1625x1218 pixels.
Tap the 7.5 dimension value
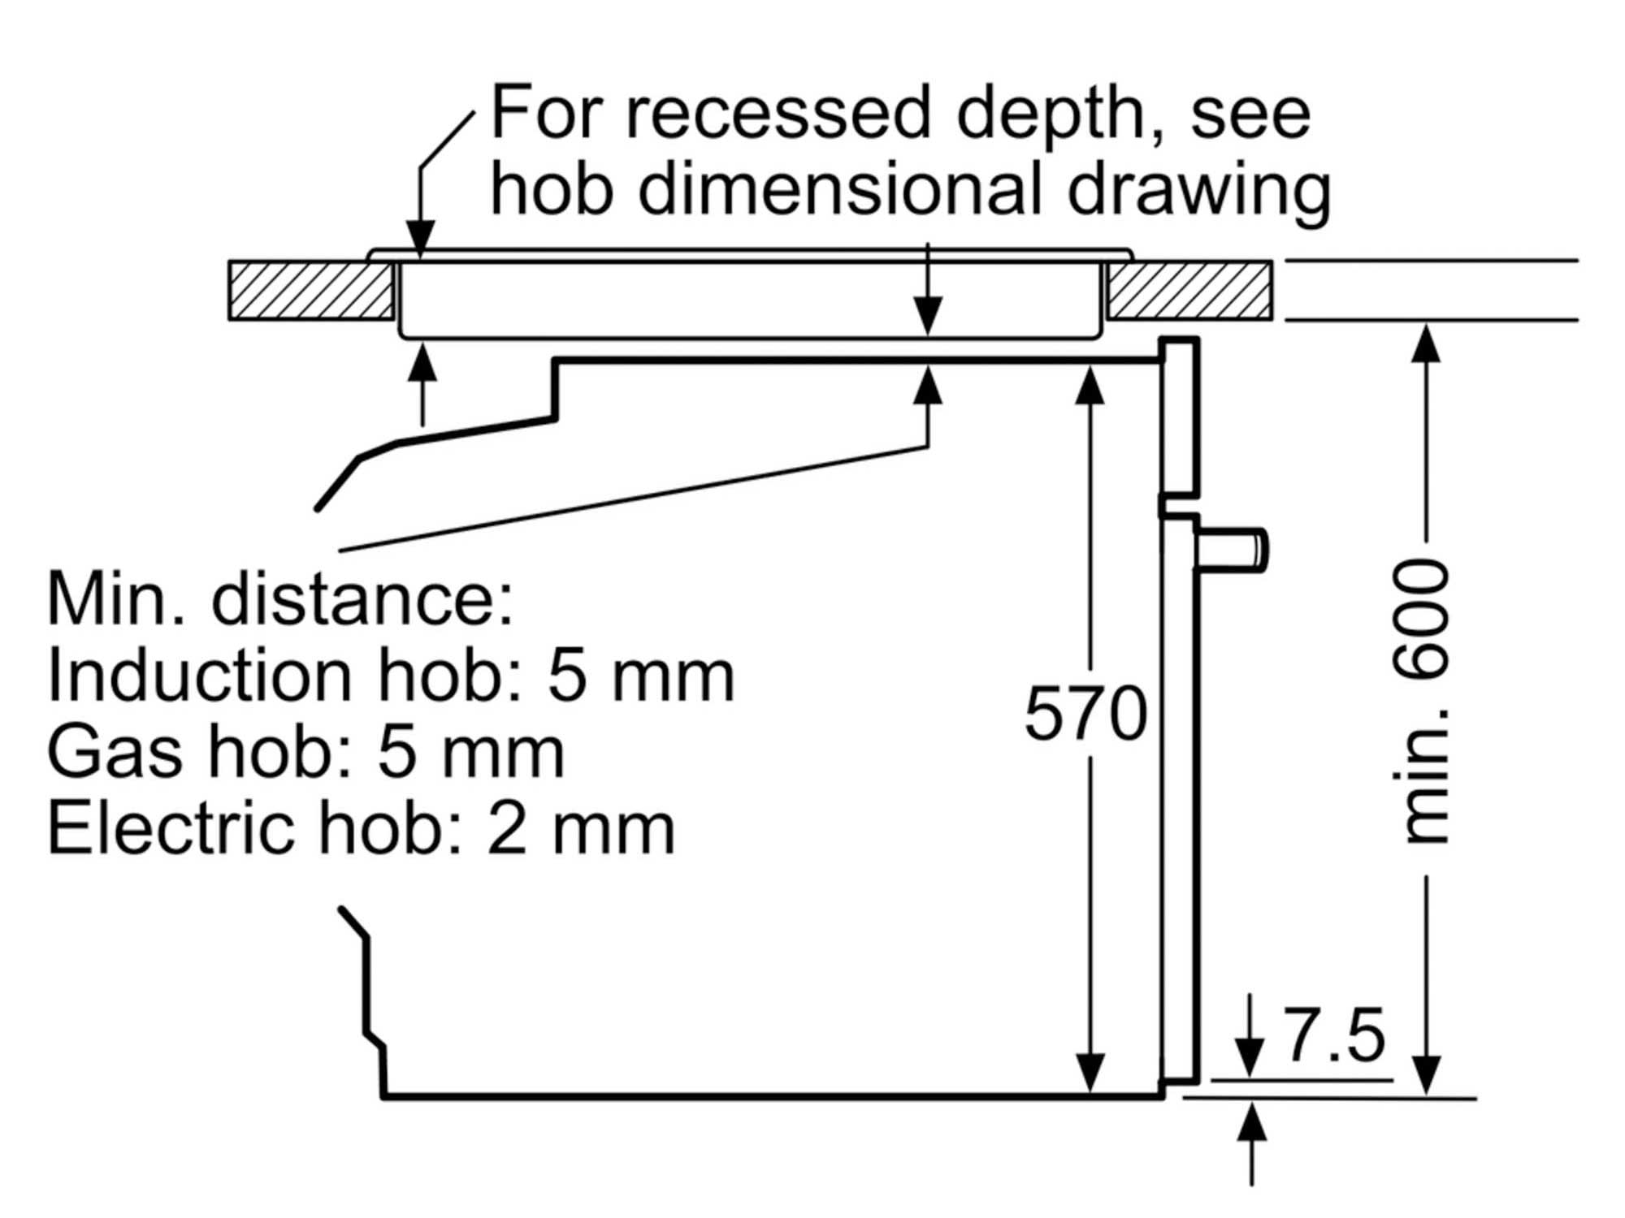pos(1335,1036)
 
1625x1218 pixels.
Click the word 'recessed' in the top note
pos(777,114)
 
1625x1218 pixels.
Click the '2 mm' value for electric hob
pos(580,829)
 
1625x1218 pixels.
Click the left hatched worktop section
pos(311,290)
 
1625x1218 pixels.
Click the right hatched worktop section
pos(1189,290)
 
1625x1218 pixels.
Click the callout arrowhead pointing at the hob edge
pos(419,240)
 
